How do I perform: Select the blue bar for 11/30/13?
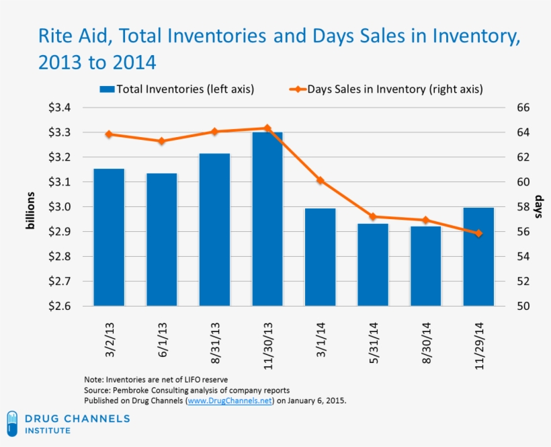pos(267,219)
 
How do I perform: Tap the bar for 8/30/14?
pos(426,266)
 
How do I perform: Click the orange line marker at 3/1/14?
pos(321,181)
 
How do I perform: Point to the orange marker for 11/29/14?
pos(478,233)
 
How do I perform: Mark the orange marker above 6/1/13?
pos(162,141)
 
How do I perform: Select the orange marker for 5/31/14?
pos(373,216)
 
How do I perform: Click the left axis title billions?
pos(30,210)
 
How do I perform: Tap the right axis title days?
pos(538,208)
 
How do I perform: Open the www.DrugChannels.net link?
pos(229,401)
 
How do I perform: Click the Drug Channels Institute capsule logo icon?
pos(12,423)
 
